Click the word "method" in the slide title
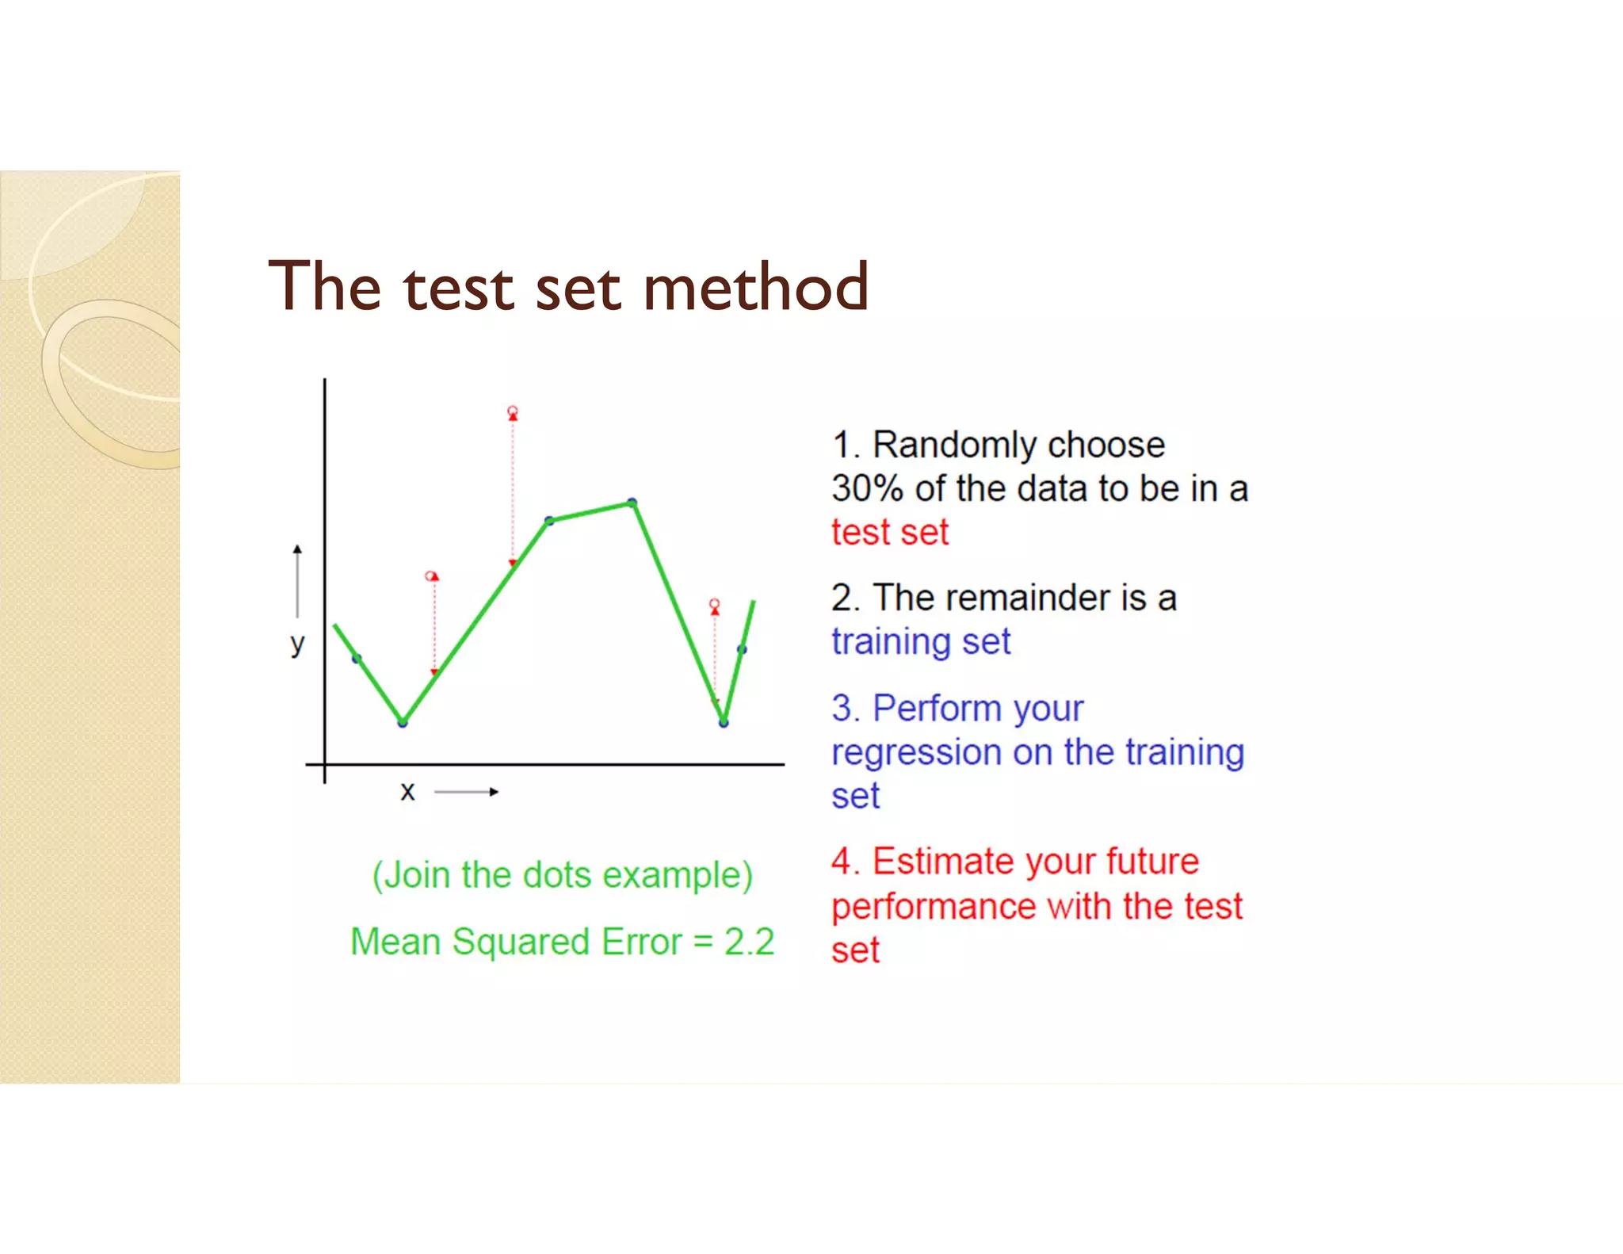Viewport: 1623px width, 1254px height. (756, 286)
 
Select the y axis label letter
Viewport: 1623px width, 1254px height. (297, 644)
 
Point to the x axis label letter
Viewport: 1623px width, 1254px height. (407, 791)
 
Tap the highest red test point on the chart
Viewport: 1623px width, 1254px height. (513, 411)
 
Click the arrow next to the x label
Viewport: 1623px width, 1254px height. (467, 792)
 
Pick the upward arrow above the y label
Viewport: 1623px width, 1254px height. (297, 580)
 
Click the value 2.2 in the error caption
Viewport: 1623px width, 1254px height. (749, 942)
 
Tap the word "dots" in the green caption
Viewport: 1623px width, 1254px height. (557, 875)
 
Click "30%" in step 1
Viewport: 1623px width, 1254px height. (867, 488)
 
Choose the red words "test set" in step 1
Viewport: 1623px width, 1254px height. (889, 532)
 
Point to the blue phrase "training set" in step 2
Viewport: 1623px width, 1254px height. (921, 641)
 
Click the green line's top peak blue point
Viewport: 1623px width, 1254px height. (632, 503)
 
